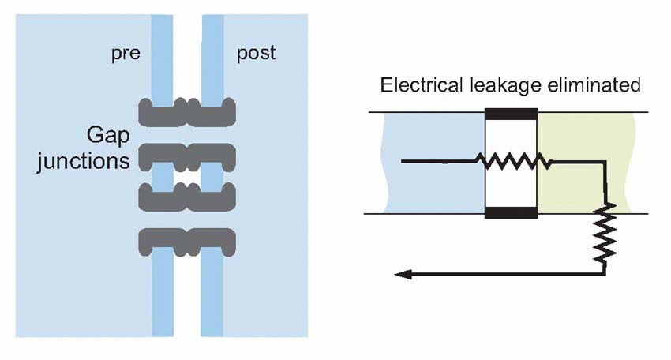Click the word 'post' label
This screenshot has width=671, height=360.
[x=257, y=54]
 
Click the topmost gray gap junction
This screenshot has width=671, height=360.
[x=187, y=111]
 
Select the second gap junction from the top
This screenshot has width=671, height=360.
[x=187, y=156]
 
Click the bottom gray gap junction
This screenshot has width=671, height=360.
[x=187, y=240]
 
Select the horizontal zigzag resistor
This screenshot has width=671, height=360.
[x=512, y=161]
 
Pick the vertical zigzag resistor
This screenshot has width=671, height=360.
[x=605, y=234]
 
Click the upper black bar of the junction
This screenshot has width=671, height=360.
[x=510, y=112]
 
